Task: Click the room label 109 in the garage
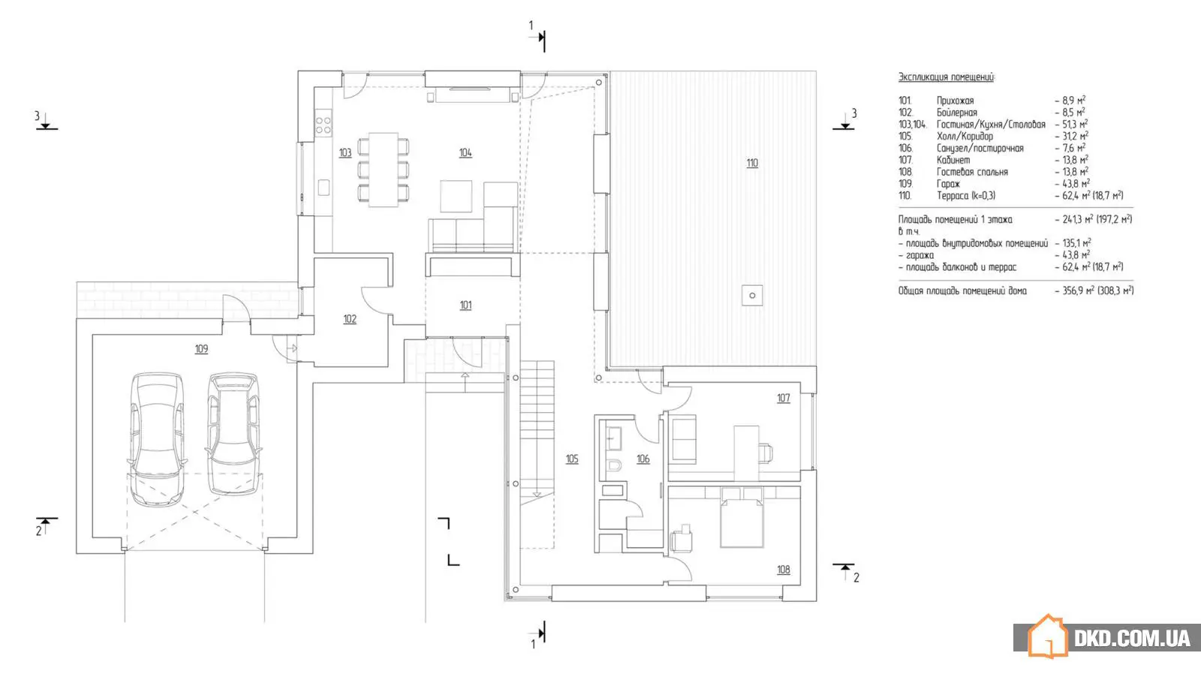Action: [201, 349]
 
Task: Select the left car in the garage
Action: [157, 439]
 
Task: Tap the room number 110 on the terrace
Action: [752, 163]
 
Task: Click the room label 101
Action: [465, 305]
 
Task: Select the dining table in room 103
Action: [384, 170]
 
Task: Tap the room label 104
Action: [465, 153]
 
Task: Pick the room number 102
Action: [350, 319]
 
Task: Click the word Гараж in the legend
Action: [948, 184]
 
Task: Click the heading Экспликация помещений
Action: [946, 77]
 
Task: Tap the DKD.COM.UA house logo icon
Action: [1047, 636]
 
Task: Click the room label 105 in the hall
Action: [572, 459]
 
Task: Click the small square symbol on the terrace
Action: [752, 295]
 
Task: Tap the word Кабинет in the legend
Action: [953, 160]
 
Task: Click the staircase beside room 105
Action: [537, 428]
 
